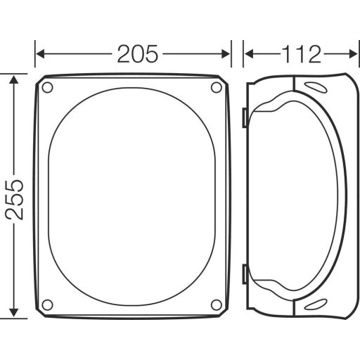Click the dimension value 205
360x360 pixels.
(138, 53)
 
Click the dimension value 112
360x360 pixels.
(301, 53)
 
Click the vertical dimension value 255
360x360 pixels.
(15, 198)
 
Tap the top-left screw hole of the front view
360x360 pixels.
(48, 88)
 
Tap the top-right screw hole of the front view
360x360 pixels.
(217, 88)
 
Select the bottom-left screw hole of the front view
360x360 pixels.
(48, 304)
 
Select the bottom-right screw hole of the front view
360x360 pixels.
(217, 304)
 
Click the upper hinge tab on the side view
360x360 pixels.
(243, 118)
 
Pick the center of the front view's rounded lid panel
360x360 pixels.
(133, 196)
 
